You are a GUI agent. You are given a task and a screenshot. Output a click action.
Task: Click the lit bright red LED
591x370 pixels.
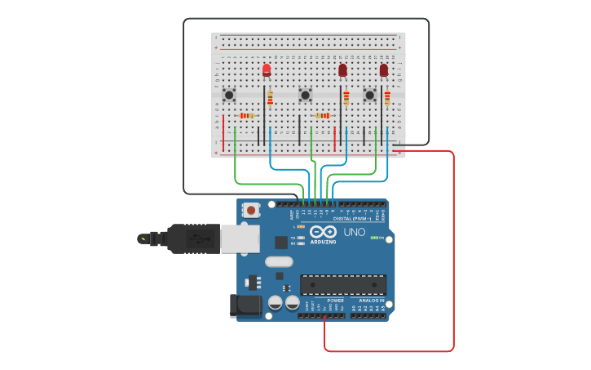[x=267, y=69]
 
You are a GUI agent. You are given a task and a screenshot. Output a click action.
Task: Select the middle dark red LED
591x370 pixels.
[x=342, y=70]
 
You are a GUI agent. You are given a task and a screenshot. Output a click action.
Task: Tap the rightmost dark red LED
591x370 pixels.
[x=384, y=70]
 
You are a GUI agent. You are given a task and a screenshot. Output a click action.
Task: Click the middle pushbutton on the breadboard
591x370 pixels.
[x=306, y=96]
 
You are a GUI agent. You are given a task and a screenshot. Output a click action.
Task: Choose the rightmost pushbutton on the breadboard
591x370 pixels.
[x=369, y=96]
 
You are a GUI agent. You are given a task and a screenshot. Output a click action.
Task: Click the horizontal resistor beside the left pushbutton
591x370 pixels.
[x=246, y=116]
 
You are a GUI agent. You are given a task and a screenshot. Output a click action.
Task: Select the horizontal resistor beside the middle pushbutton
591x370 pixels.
[x=323, y=116]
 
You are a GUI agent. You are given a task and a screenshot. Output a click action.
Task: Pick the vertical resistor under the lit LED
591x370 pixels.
[x=270, y=98]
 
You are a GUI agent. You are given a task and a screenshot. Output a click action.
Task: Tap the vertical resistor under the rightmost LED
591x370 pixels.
[x=387, y=98]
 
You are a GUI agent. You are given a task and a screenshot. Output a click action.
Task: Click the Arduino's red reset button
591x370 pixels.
[x=251, y=210]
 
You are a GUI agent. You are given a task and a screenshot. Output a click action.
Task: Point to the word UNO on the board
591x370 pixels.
[x=354, y=233]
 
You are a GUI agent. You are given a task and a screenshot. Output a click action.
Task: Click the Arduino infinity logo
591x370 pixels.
[x=322, y=232]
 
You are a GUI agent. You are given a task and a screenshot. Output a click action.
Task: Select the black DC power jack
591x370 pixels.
[x=245, y=305]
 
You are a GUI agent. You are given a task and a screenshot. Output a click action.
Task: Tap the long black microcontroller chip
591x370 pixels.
[x=343, y=284]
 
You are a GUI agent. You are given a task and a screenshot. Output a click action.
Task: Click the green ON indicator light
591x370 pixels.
[x=374, y=238]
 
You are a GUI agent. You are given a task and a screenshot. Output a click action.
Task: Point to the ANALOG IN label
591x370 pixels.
[x=371, y=300]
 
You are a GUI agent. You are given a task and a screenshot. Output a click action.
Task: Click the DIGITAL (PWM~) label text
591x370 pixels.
[x=352, y=219]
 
